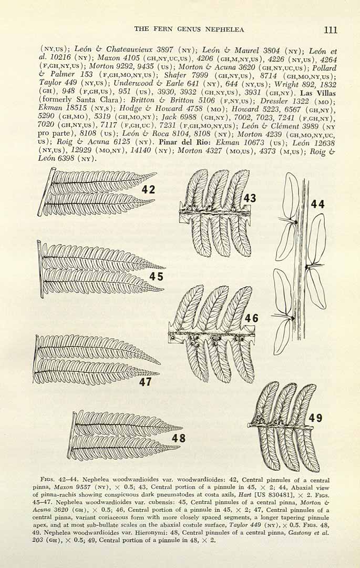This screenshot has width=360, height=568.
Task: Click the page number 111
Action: point(331,29)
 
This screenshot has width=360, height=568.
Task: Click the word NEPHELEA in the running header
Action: point(224,29)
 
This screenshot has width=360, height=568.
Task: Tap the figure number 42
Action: point(148,189)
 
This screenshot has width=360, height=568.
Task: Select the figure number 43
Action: point(250,198)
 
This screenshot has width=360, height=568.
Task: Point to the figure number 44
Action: point(317,204)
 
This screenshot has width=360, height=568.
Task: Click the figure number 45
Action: point(157,277)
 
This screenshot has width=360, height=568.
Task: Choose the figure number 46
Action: point(252,318)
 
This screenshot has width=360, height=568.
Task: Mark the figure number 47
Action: point(146,381)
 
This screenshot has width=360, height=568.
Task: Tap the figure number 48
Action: point(178,438)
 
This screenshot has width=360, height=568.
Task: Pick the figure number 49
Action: point(315,418)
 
